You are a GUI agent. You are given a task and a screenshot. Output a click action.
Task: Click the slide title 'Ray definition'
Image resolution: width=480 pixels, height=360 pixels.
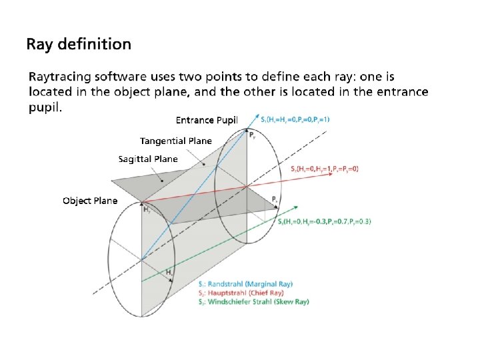tap(79, 45)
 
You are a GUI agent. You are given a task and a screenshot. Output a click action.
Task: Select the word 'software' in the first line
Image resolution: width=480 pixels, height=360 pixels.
tap(130, 79)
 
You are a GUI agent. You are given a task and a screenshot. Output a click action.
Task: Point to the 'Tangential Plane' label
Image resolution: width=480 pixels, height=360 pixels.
tap(175, 141)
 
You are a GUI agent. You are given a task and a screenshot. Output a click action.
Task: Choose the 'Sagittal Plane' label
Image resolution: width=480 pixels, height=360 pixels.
tap(148, 159)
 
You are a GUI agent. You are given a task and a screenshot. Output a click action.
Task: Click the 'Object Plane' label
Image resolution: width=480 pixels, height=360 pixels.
tap(90, 200)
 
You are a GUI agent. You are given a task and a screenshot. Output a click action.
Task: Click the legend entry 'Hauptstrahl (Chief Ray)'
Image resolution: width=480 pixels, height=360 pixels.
tap(241, 293)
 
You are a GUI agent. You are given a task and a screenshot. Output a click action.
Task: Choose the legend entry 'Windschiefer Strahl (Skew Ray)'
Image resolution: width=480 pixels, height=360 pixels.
tap(254, 301)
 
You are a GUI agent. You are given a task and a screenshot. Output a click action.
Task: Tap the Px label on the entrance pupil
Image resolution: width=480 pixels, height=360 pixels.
tap(275, 199)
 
